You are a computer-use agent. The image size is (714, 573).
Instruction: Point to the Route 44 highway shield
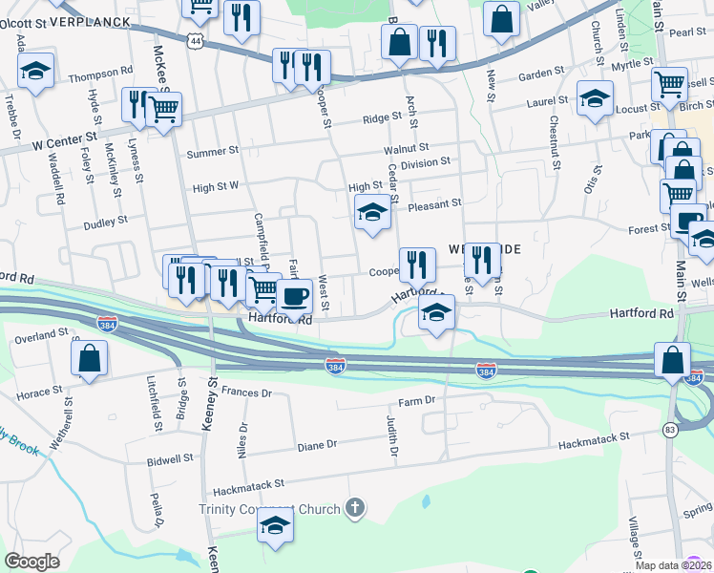coord(196,42)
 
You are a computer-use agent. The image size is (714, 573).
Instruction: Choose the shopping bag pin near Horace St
coord(89,359)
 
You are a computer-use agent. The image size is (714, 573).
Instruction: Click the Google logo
coord(32,561)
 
